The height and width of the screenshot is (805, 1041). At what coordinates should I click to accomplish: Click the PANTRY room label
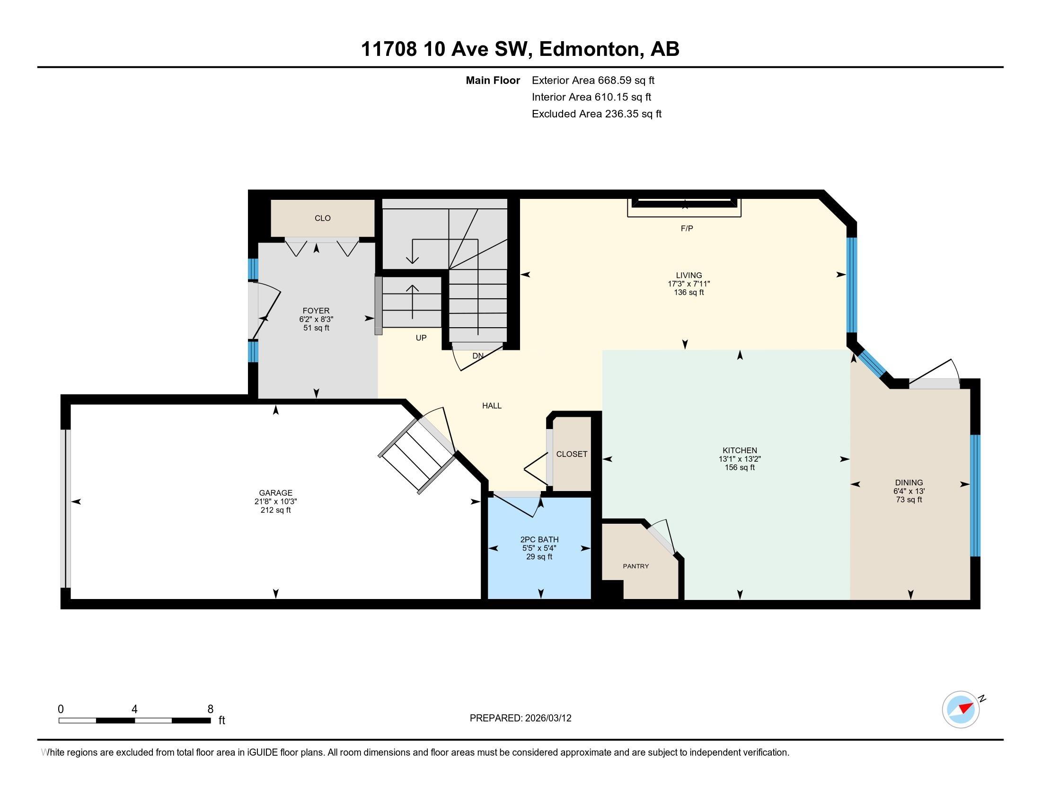(x=635, y=566)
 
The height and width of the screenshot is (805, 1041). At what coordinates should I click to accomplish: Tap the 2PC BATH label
(x=539, y=539)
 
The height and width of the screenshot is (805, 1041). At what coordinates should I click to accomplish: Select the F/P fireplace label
(x=687, y=228)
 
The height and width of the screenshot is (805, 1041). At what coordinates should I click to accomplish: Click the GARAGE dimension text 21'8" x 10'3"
(x=275, y=501)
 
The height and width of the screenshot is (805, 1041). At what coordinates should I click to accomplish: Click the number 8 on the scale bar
(x=210, y=709)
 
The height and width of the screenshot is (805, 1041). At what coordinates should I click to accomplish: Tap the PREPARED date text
(x=520, y=718)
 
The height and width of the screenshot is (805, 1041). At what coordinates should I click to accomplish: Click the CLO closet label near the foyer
(x=322, y=218)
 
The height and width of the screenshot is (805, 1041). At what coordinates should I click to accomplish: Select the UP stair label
(x=421, y=338)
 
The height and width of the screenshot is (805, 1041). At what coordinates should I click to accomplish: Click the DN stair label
(x=477, y=356)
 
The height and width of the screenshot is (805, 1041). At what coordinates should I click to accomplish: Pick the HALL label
(x=492, y=406)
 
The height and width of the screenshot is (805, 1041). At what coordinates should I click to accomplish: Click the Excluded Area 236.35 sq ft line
(x=596, y=114)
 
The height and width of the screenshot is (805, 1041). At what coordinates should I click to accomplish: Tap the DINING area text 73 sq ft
(x=909, y=500)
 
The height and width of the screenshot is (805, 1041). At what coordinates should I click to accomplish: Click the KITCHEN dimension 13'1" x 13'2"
(x=739, y=459)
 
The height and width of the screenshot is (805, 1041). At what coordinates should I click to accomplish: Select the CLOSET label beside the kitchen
(x=572, y=454)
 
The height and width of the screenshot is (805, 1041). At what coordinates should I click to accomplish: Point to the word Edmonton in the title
(x=589, y=49)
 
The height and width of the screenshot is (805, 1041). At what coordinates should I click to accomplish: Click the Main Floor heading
(x=493, y=80)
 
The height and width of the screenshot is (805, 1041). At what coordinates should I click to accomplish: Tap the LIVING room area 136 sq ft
(x=688, y=292)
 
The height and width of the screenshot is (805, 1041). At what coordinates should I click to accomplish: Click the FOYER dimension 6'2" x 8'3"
(x=316, y=319)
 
